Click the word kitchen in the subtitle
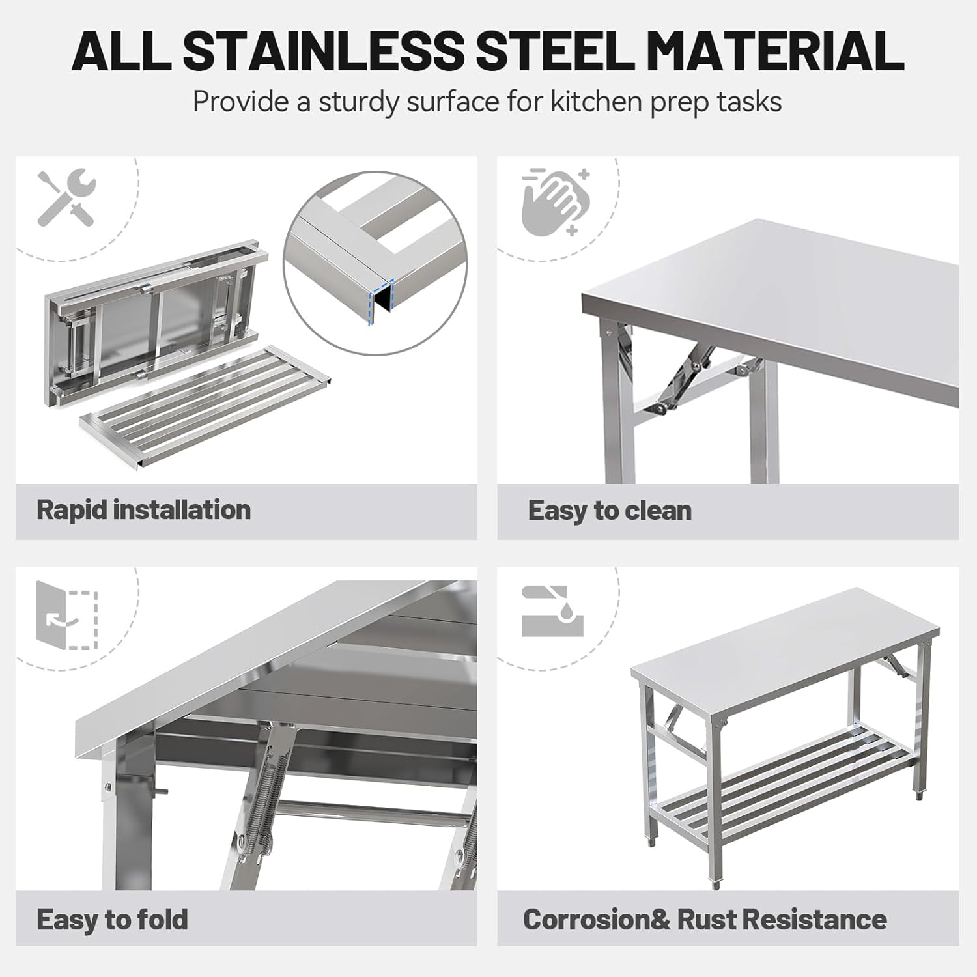pyautogui.click(x=597, y=102)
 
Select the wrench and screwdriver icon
pyautogui.click(x=66, y=197)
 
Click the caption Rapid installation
pyautogui.click(x=143, y=510)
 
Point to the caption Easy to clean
pyautogui.click(x=610, y=511)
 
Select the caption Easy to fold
pyautogui.click(x=112, y=920)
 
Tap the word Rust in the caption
pyautogui.click(x=706, y=920)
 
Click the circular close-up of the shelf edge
pyautogui.click(x=375, y=262)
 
